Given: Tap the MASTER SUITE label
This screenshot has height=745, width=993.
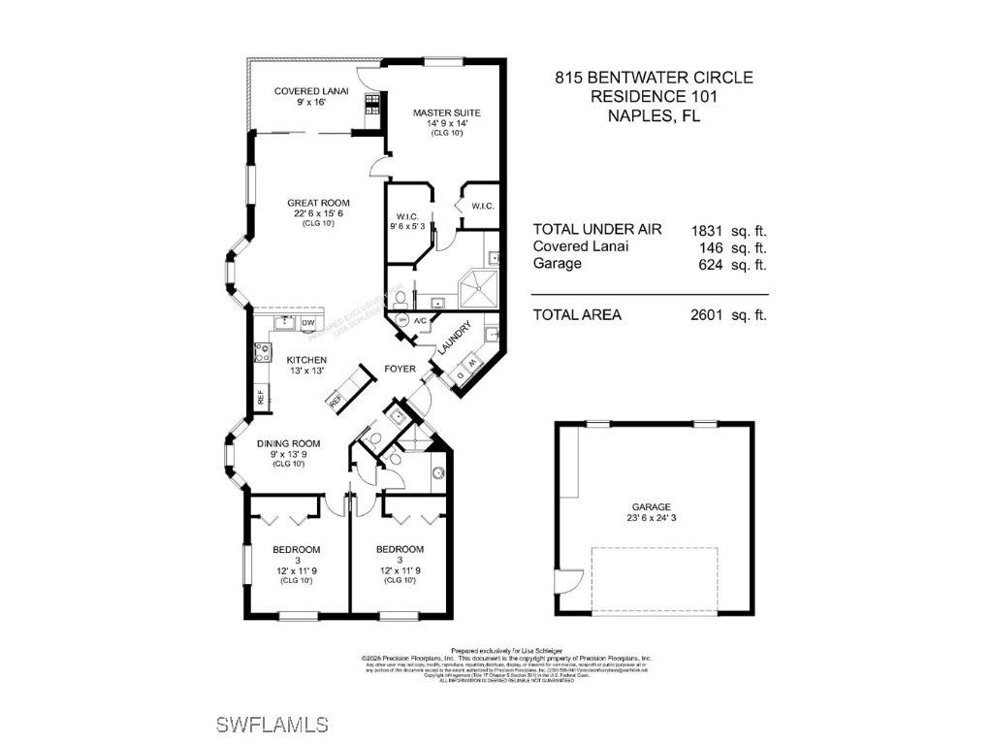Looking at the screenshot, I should coord(446,113).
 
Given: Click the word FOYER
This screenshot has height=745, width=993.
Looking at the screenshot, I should coord(400,369).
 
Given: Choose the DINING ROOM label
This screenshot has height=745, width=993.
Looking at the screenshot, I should coord(288,443).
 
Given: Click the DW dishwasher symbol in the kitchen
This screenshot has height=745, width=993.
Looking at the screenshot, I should coord(308,323).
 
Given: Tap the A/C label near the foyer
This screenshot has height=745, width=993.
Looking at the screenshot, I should coord(421,320).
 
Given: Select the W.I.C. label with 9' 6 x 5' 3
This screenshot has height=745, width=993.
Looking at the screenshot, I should coord(406,216).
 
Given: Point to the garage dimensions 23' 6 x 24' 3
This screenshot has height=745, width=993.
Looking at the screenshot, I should coord(652,517).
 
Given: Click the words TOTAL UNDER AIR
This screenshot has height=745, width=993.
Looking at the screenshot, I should coord(597,230).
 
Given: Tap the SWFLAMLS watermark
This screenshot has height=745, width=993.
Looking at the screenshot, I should coord(272,725).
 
